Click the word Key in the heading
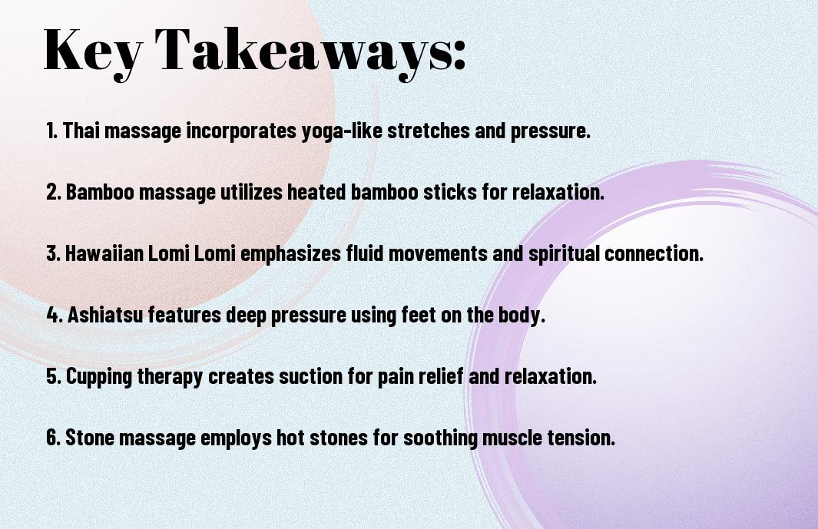coord(93,52)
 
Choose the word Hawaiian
coord(104,253)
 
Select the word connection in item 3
coord(654,253)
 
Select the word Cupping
coord(99,377)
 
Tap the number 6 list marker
coord(53,437)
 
